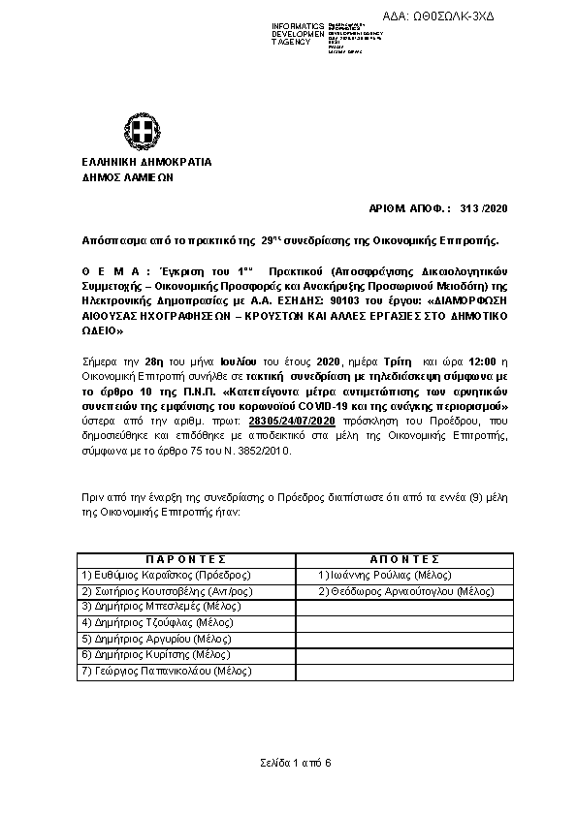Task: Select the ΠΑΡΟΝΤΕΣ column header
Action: (x=185, y=559)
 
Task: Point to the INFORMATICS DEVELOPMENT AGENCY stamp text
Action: (x=299, y=34)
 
